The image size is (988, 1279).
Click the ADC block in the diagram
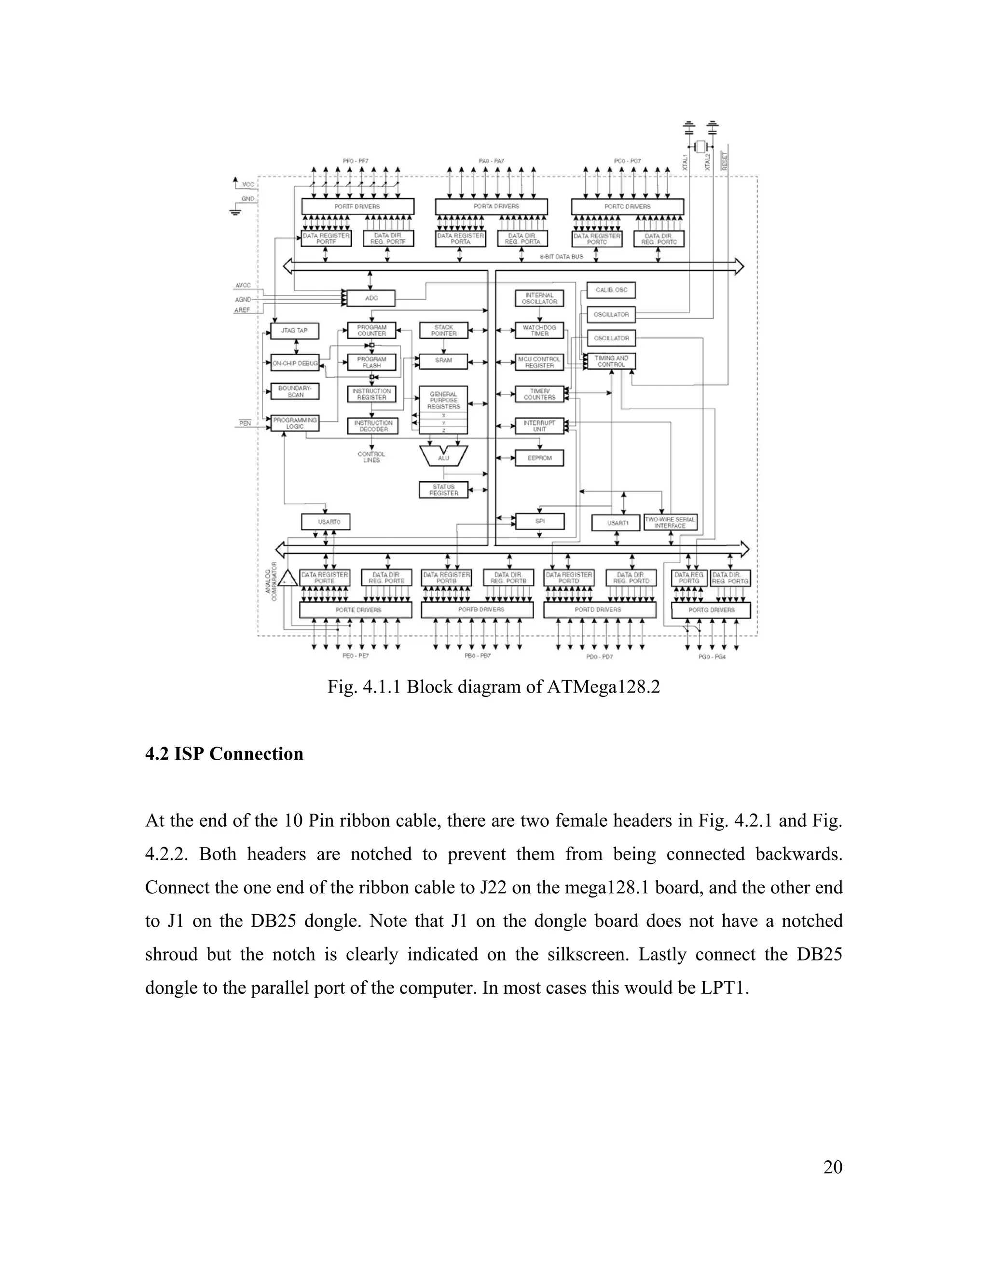click(371, 298)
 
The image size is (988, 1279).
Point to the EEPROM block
click(539, 458)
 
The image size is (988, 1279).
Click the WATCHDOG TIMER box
click(539, 330)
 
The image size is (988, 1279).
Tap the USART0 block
click(326, 521)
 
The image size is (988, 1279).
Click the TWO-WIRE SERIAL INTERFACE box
click(670, 522)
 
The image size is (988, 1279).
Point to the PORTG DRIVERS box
click(711, 610)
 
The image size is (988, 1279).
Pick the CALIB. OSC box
click(611, 290)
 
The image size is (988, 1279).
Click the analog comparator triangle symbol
click(287, 579)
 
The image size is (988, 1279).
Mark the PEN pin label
click(245, 423)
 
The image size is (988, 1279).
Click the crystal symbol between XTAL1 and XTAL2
click(700, 146)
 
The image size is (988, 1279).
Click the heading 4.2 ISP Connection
click(224, 754)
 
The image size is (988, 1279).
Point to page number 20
click(832, 1167)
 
